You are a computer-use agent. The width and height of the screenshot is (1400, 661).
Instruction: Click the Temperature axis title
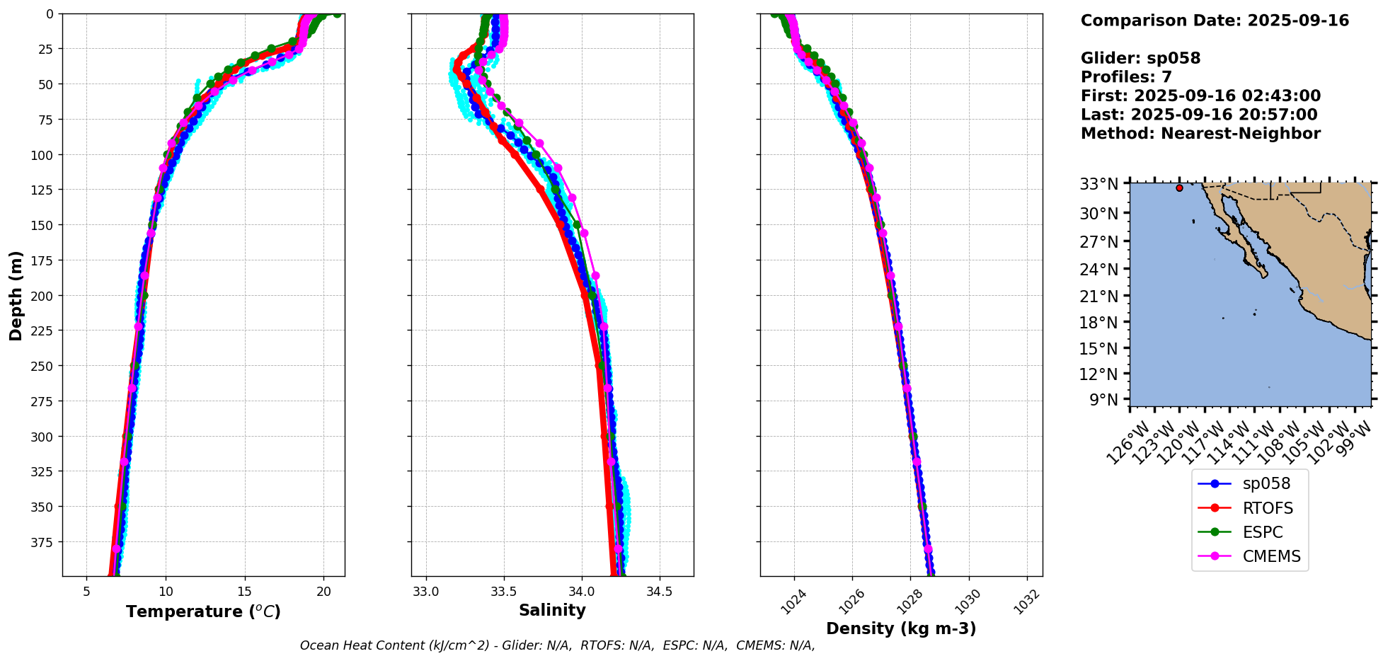203,611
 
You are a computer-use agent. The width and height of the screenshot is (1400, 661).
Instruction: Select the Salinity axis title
552,610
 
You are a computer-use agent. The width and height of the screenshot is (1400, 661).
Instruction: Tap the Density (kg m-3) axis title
901,628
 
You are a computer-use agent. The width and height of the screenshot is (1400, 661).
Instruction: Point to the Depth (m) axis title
16,295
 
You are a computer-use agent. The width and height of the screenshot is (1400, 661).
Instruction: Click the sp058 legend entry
1266,484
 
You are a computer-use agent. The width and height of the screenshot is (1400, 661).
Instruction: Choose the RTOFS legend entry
1268,508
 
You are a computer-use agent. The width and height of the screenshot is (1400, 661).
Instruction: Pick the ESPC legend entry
1262,532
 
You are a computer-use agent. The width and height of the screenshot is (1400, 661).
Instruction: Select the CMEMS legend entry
1271,556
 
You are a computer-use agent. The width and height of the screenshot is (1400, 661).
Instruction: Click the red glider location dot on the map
1179,188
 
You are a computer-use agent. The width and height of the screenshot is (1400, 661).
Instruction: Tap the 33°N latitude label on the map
1098,184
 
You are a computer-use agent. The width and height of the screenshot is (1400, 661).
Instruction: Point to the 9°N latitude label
1103,400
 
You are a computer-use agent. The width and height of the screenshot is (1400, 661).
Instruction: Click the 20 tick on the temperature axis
323,592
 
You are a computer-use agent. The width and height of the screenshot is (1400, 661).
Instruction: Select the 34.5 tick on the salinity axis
660,592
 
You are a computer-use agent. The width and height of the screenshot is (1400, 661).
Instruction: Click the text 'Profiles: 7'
1126,77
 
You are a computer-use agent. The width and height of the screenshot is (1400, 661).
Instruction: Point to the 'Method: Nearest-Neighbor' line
1200,134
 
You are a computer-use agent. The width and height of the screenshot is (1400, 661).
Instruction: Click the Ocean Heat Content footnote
557,645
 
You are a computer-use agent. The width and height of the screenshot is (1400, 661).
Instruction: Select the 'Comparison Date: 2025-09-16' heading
1215,21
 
